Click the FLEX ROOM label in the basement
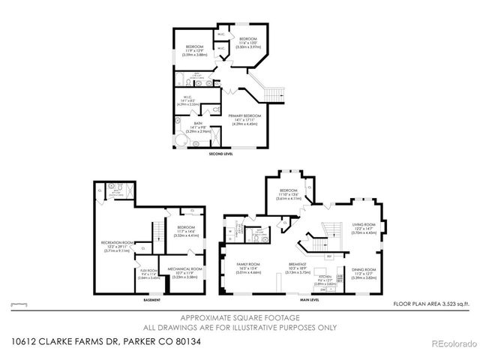[x=148, y=274]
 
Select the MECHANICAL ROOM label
[x=184, y=271]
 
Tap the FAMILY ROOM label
[x=247, y=268]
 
